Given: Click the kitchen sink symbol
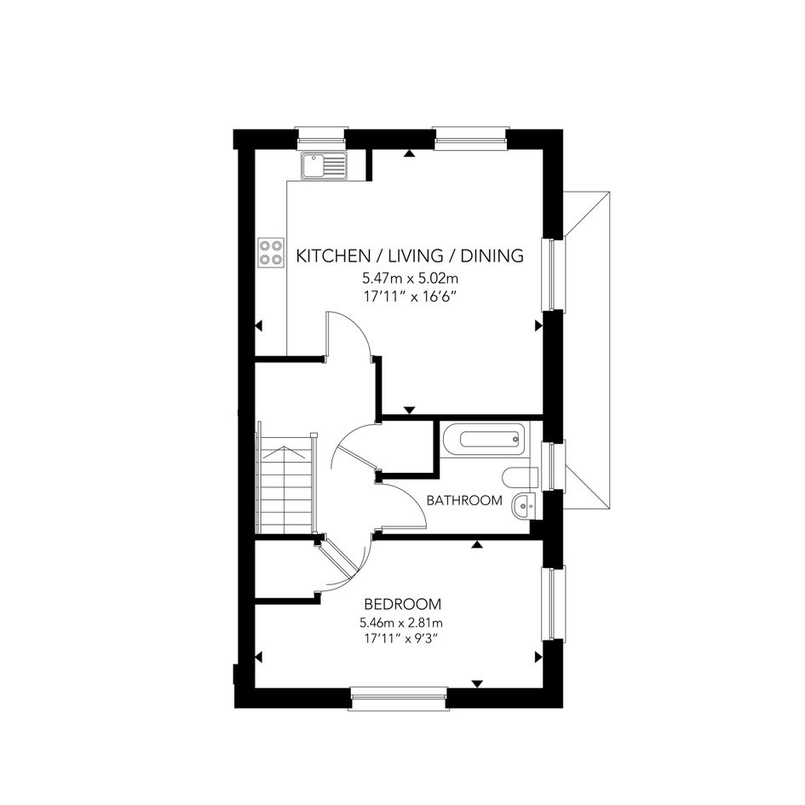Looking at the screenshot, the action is coord(324,165).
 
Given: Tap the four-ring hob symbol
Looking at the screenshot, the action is coord(271,252).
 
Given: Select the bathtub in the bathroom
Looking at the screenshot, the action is coord(483,439).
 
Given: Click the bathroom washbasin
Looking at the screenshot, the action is coord(524,506).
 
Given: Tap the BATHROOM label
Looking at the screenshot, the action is coord(464,500).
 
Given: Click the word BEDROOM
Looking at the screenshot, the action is coord(402,604).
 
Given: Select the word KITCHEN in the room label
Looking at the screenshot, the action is coord(333,256).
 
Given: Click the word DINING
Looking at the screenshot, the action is coord(492,256).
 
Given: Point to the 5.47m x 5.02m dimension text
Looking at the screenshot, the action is coord(411,279).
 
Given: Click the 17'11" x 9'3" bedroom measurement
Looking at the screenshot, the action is coord(403,639).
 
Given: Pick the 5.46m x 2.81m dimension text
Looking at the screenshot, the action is coord(401,623).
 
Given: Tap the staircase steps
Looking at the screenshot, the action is coord(286,484).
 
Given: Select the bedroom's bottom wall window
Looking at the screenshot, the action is coord(399,698).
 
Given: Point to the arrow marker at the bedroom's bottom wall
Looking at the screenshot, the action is coord(477,683).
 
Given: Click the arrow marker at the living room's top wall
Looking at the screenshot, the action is coord(409,153).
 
